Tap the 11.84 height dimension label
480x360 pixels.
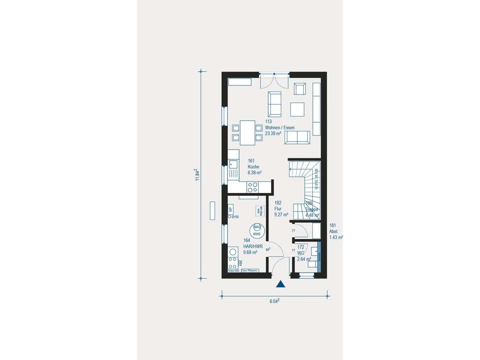click(x=198, y=175)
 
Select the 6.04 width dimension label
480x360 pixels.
click(x=275, y=301)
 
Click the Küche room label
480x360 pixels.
click(x=254, y=166)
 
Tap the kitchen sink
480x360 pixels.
click(x=232, y=164)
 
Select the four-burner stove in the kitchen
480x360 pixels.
click(x=253, y=187)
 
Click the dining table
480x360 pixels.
click(x=248, y=132)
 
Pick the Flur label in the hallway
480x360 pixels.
click(x=277, y=209)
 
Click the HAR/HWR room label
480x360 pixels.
click(x=252, y=246)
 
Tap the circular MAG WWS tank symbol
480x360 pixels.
click(x=257, y=230)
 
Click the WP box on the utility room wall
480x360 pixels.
click(x=230, y=209)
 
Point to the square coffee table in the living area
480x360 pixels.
click(x=297, y=110)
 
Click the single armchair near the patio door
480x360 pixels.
click(x=300, y=89)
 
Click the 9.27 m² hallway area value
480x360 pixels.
click(x=281, y=214)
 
